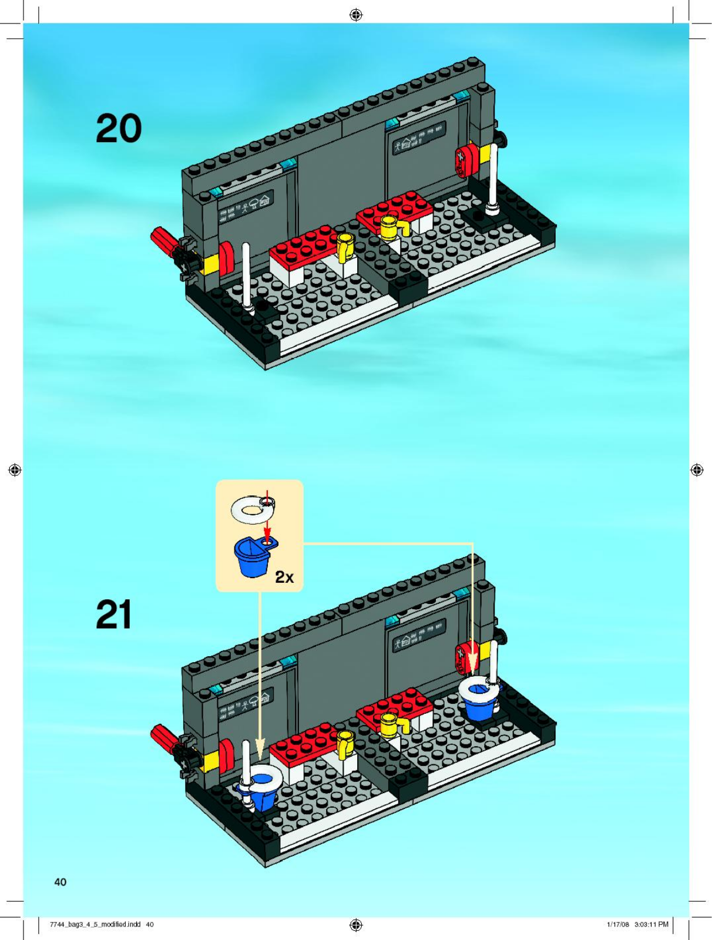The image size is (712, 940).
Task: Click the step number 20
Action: (x=119, y=128)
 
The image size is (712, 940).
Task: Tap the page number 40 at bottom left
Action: (x=61, y=882)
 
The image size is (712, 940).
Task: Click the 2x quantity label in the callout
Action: (x=284, y=578)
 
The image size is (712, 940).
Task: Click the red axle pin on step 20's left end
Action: (x=163, y=241)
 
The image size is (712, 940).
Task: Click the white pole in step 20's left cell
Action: (x=247, y=278)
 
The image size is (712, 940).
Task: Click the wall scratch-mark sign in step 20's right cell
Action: (x=419, y=137)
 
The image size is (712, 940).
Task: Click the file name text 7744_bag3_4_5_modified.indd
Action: (x=95, y=924)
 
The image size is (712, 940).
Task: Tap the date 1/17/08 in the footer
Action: (x=618, y=924)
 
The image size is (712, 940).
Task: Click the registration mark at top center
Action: (x=356, y=15)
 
